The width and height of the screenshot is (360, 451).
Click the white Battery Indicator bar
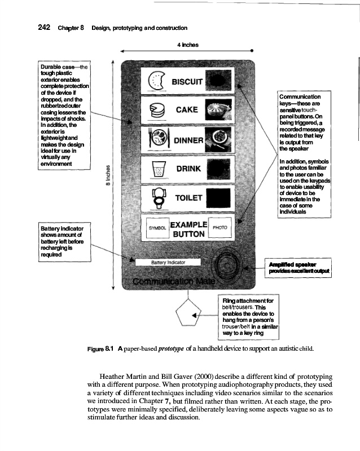point(168,262)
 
